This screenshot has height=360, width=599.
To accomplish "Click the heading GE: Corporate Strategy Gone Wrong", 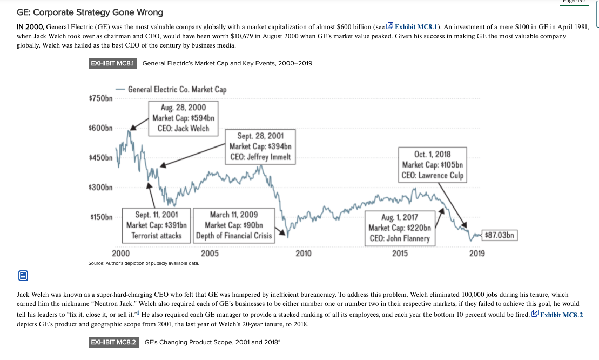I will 90,12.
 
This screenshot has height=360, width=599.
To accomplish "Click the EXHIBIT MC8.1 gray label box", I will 113,63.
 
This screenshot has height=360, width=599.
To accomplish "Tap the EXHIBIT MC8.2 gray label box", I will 113,342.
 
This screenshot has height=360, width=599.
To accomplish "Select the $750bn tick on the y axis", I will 100,99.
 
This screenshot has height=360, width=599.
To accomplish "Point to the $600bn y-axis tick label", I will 100,129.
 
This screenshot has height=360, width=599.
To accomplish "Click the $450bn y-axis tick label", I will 100,158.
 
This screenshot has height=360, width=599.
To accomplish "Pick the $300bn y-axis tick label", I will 100,188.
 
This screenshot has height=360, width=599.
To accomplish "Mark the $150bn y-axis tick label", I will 100,217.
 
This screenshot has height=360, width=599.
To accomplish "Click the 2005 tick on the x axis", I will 210,253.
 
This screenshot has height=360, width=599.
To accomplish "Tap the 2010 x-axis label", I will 304,253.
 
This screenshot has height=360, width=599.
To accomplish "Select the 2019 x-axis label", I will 477,253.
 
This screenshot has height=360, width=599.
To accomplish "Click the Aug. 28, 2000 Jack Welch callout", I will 183,118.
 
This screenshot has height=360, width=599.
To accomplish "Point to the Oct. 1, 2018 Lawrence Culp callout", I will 432,164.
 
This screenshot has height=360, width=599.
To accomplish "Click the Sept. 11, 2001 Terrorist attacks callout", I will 156,225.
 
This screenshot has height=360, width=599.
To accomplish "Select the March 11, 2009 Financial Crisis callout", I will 233,225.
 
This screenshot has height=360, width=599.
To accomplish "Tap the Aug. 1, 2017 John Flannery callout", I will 399,228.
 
